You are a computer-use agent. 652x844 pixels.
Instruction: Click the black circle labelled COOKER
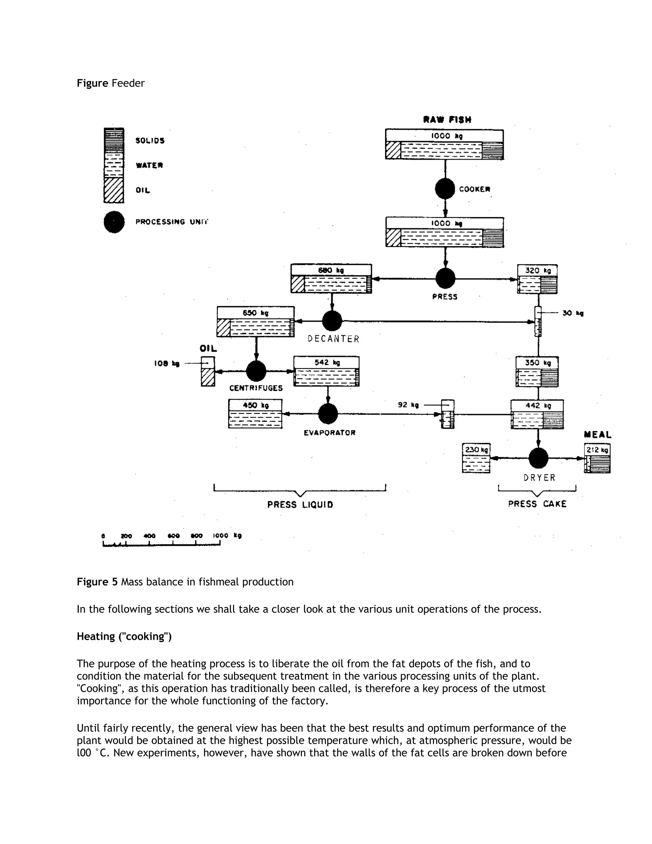445,189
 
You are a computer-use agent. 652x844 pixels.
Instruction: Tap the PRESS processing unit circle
445,278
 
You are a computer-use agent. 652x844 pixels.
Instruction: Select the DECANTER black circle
332,321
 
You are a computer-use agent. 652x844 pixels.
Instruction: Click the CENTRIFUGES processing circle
256,371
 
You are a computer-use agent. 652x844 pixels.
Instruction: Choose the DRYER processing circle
538,458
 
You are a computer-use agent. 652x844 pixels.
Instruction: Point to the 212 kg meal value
597,450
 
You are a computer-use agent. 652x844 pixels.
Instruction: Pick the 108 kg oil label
167,364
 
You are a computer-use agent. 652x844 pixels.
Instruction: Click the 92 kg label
408,404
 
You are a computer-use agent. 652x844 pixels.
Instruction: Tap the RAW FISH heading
447,119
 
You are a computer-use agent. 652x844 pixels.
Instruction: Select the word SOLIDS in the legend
150,141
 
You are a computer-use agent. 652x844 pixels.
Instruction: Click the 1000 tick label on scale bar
221,536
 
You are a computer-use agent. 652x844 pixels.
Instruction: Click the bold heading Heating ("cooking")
124,636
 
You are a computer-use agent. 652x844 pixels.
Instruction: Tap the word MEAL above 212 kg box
598,435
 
